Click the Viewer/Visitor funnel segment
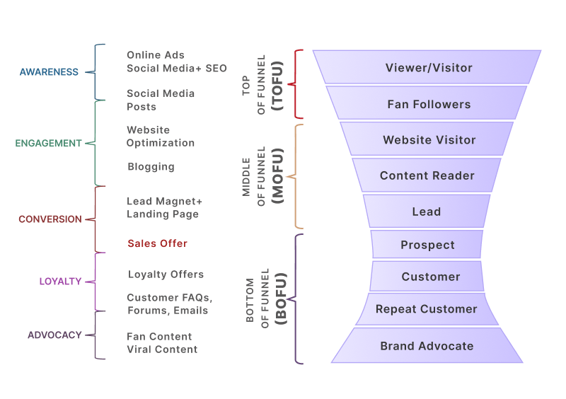click(428, 68)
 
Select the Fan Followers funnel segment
click(428, 104)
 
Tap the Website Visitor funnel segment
click(429, 140)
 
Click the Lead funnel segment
click(427, 212)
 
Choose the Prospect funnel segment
click(427, 245)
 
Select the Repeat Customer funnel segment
click(426, 309)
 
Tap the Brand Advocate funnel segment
click(427, 346)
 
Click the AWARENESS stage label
click(48, 72)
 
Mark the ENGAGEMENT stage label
click(48, 143)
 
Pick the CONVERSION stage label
click(50, 219)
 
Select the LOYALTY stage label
click(60, 281)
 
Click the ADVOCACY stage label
click(54, 335)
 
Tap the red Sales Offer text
click(157, 243)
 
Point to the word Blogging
click(151, 167)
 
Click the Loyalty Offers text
click(166, 274)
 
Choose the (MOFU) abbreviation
click(277, 176)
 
